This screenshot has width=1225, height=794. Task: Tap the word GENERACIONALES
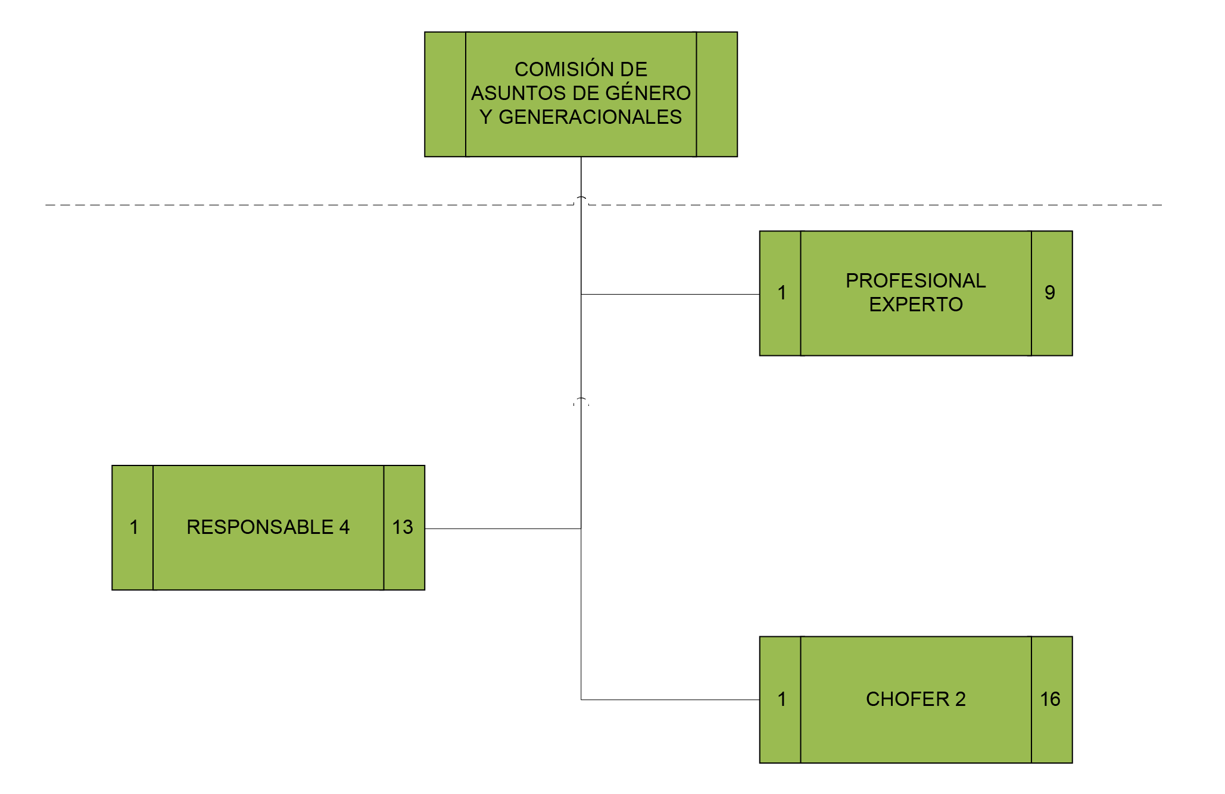click(x=590, y=117)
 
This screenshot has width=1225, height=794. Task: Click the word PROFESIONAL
click(x=916, y=280)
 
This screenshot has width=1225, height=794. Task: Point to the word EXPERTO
click(x=916, y=304)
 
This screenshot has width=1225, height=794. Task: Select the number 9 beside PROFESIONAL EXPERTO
click(x=1050, y=292)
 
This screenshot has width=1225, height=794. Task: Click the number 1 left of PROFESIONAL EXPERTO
click(x=782, y=292)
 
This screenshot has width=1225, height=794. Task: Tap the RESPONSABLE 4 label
click(x=268, y=527)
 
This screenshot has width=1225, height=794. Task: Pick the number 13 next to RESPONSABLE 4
click(x=403, y=527)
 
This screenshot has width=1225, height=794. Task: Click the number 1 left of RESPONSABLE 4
click(x=134, y=527)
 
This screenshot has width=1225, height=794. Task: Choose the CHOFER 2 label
click(x=916, y=699)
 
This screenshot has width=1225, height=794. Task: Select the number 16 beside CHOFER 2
click(x=1051, y=699)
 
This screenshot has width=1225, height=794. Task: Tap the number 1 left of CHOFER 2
click(x=782, y=699)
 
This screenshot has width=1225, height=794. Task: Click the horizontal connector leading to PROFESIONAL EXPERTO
click(x=671, y=294)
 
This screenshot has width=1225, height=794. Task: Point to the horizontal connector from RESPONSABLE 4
click(x=503, y=529)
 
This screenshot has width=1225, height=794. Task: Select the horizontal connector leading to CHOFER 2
click(x=671, y=699)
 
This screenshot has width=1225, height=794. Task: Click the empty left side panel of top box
click(x=445, y=94)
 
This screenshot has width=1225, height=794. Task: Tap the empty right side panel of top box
click(x=717, y=94)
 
